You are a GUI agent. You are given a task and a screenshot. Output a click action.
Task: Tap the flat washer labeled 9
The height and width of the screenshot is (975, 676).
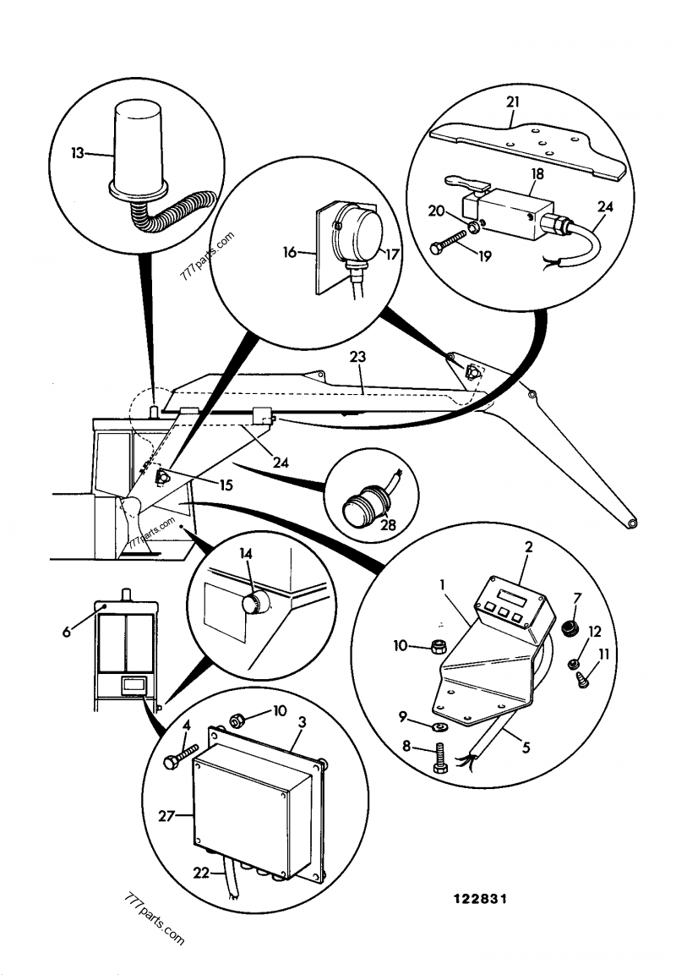tap(439, 726)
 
